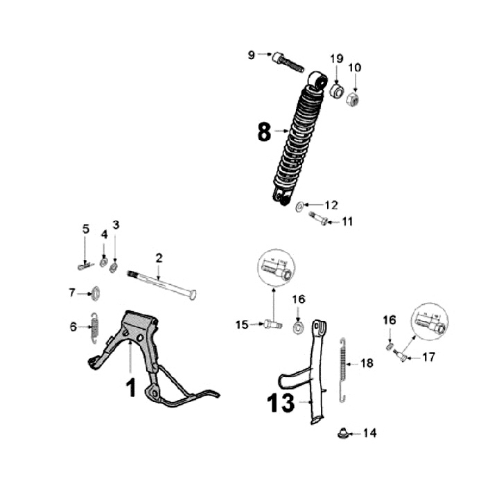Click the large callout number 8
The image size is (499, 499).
(x=264, y=132)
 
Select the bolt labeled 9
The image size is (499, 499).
(x=288, y=62)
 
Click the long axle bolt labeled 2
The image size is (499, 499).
(x=163, y=286)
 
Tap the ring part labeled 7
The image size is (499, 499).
(x=96, y=294)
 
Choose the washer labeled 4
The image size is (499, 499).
(x=103, y=262)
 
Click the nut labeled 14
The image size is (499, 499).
(x=342, y=434)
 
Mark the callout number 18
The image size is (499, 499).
(x=367, y=362)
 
